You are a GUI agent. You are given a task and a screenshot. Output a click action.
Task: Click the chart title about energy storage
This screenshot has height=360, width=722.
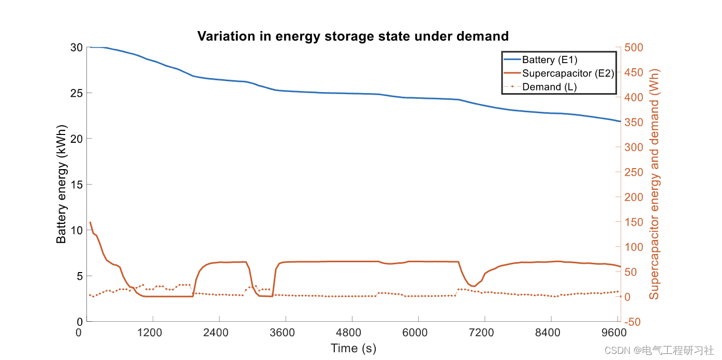click(x=353, y=36)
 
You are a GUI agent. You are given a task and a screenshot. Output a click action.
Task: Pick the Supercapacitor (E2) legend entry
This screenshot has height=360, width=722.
click(x=568, y=73)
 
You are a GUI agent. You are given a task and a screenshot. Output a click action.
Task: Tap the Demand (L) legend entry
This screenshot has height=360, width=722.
click(x=549, y=87)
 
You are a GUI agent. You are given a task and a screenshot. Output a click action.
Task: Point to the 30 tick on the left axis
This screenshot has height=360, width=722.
click(x=76, y=48)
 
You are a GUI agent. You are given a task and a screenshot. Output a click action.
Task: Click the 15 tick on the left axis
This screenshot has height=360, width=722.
click(x=76, y=185)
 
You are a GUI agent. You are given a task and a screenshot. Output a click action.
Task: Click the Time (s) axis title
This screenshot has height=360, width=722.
click(x=353, y=348)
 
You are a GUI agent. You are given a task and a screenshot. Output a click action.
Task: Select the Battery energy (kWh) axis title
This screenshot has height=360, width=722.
click(x=62, y=185)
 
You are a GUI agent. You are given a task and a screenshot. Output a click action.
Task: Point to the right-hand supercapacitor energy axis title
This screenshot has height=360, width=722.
click(x=655, y=185)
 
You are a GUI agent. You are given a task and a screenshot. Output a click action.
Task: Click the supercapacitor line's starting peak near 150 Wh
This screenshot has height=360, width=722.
click(x=91, y=222)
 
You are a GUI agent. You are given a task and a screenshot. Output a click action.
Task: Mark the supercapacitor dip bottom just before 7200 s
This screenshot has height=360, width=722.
click(x=473, y=286)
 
